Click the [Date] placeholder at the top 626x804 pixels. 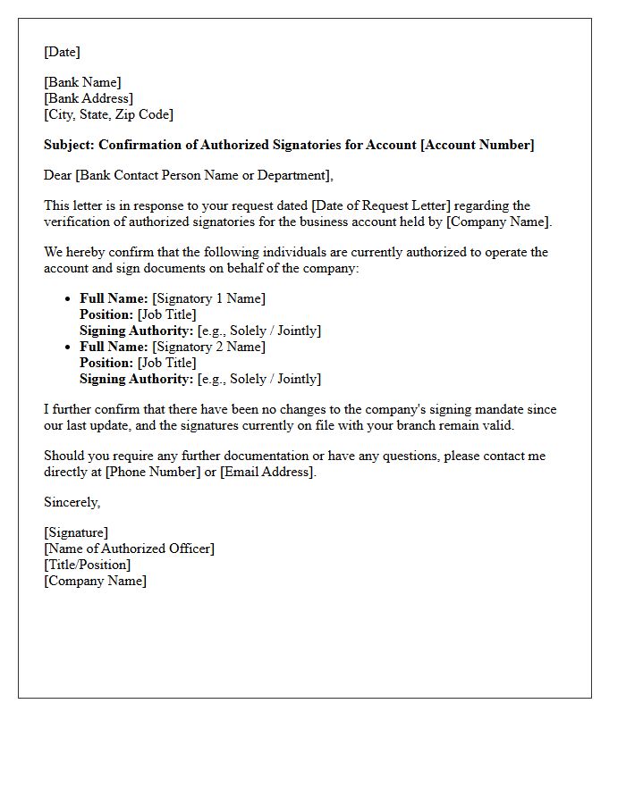(62, 52)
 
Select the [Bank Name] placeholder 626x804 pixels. (82, 82)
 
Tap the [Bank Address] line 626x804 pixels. (89, 98)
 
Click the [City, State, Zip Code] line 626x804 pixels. (108, 114)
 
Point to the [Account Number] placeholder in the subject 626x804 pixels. (477, 145)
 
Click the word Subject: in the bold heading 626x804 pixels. (69, 145)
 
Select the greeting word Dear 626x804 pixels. (58, 175)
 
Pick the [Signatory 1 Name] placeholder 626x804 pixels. (208, 298)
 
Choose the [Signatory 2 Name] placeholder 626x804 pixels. (208, 347)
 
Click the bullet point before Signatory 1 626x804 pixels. (69, 299)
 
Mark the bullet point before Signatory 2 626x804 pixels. (69, 348)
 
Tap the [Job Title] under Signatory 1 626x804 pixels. (166, 314)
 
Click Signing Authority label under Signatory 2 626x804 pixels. (136, 379)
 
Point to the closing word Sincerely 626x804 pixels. (72, 502)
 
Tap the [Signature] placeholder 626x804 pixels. (76, 532)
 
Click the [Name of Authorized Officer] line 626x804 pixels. (129, 549)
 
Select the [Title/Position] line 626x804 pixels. (87, 565)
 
